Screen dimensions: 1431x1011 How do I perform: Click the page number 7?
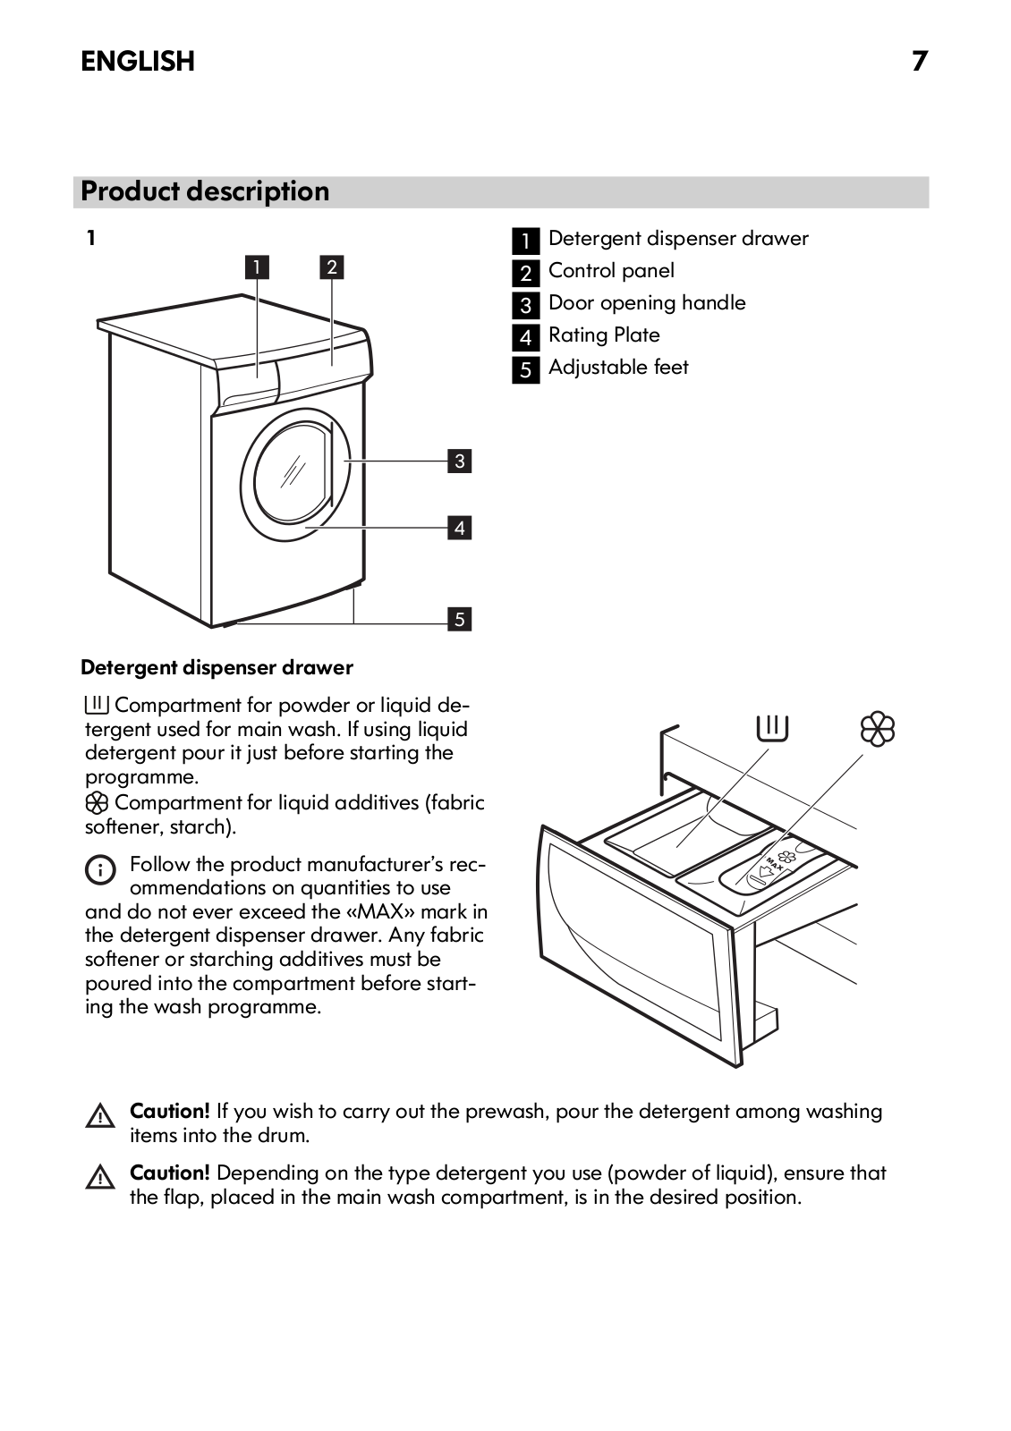920,61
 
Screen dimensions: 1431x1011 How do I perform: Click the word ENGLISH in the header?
138,61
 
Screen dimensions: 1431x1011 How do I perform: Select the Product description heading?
205,191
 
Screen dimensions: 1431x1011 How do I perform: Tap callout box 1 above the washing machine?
257,267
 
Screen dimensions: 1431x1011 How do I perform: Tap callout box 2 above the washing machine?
332,267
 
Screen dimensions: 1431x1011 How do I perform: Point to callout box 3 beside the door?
459,461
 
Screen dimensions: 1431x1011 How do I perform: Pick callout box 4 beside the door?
459,528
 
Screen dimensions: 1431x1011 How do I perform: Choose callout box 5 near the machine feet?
459,619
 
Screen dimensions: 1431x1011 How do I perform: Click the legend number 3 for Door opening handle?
525,305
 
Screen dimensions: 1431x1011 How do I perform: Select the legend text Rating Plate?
604,335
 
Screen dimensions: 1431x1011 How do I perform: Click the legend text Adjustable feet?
618,368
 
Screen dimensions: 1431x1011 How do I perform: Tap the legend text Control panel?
611,271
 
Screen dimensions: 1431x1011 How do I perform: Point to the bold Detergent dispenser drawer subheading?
217,667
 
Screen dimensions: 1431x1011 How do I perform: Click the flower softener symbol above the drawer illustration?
877,729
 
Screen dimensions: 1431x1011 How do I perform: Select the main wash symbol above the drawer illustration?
772,728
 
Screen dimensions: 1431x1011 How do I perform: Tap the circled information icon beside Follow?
99,869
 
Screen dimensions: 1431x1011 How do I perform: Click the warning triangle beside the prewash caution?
100,1117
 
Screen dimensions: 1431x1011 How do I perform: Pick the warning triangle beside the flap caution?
100,1179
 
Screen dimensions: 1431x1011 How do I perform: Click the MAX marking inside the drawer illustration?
774,864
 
